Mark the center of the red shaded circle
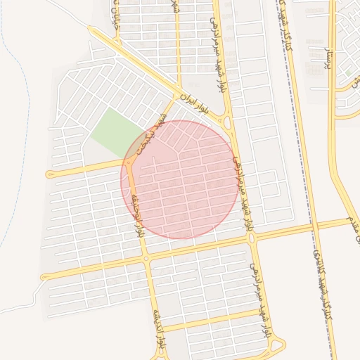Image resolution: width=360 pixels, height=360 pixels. pos(180,179)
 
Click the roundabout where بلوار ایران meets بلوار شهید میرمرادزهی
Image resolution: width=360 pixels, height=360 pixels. pos(228,122)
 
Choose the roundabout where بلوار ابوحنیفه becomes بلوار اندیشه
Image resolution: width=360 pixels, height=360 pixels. pos(146,259)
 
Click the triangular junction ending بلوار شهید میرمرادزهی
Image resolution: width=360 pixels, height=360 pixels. pos(274,345)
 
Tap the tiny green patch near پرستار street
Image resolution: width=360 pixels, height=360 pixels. pos(347,72)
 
